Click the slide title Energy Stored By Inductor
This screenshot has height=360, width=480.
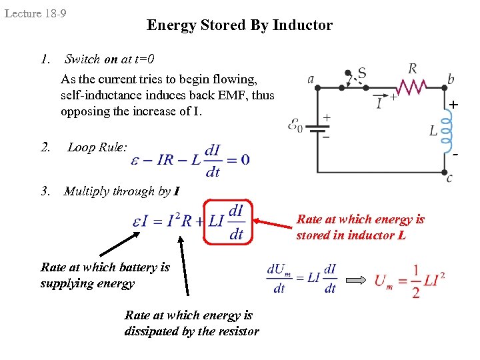239,25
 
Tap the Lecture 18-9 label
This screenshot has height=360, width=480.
35,13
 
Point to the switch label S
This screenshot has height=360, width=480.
362,72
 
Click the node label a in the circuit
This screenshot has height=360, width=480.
311,79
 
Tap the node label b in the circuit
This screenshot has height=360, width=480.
451,79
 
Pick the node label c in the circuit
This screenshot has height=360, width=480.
450,177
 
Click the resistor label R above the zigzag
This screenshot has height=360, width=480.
413,68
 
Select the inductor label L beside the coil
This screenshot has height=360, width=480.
433,131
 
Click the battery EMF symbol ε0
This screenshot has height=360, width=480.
295,125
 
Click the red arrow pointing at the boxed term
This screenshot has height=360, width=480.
273,221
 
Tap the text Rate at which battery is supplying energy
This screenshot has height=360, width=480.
105,275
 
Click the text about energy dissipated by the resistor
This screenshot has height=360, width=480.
191,323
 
